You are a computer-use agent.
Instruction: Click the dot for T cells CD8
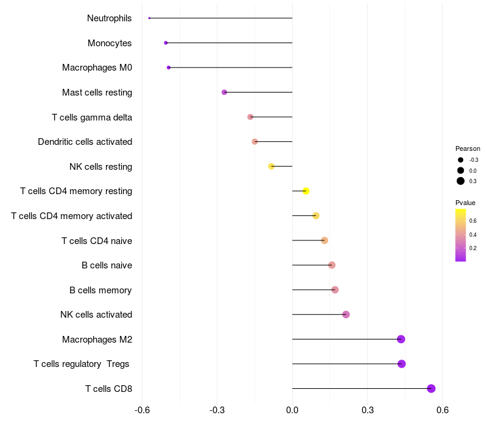click(431, 388)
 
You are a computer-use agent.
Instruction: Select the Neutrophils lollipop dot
click(149, 18)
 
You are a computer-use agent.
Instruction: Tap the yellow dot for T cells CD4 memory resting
click(306, 191)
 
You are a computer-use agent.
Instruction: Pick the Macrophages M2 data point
click(401, 339)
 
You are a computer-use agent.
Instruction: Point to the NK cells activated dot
click(346, 315)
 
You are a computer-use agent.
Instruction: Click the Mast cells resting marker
click(224, 93)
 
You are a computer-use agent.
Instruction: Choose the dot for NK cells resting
click(272, 166)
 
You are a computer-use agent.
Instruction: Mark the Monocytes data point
click(166, 43)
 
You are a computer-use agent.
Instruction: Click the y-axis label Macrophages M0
click(97, 68)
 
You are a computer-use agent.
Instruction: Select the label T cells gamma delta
click(92, 117)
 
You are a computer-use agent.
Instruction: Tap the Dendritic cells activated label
click(85, 142)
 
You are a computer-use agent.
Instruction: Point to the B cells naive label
click(107, 265)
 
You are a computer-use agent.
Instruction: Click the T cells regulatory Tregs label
click(82, 364)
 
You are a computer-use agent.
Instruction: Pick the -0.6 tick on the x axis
click(142, 410)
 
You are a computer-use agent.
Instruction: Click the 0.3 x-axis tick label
click(367, 410)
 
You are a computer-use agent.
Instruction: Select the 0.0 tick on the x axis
click(292, 410)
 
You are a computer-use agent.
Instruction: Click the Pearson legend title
click(468, 148)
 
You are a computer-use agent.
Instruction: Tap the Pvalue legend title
click(465, 203)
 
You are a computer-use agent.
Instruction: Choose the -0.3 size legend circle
click(461, 160)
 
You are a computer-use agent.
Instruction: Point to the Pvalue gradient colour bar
click(461, 235)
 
